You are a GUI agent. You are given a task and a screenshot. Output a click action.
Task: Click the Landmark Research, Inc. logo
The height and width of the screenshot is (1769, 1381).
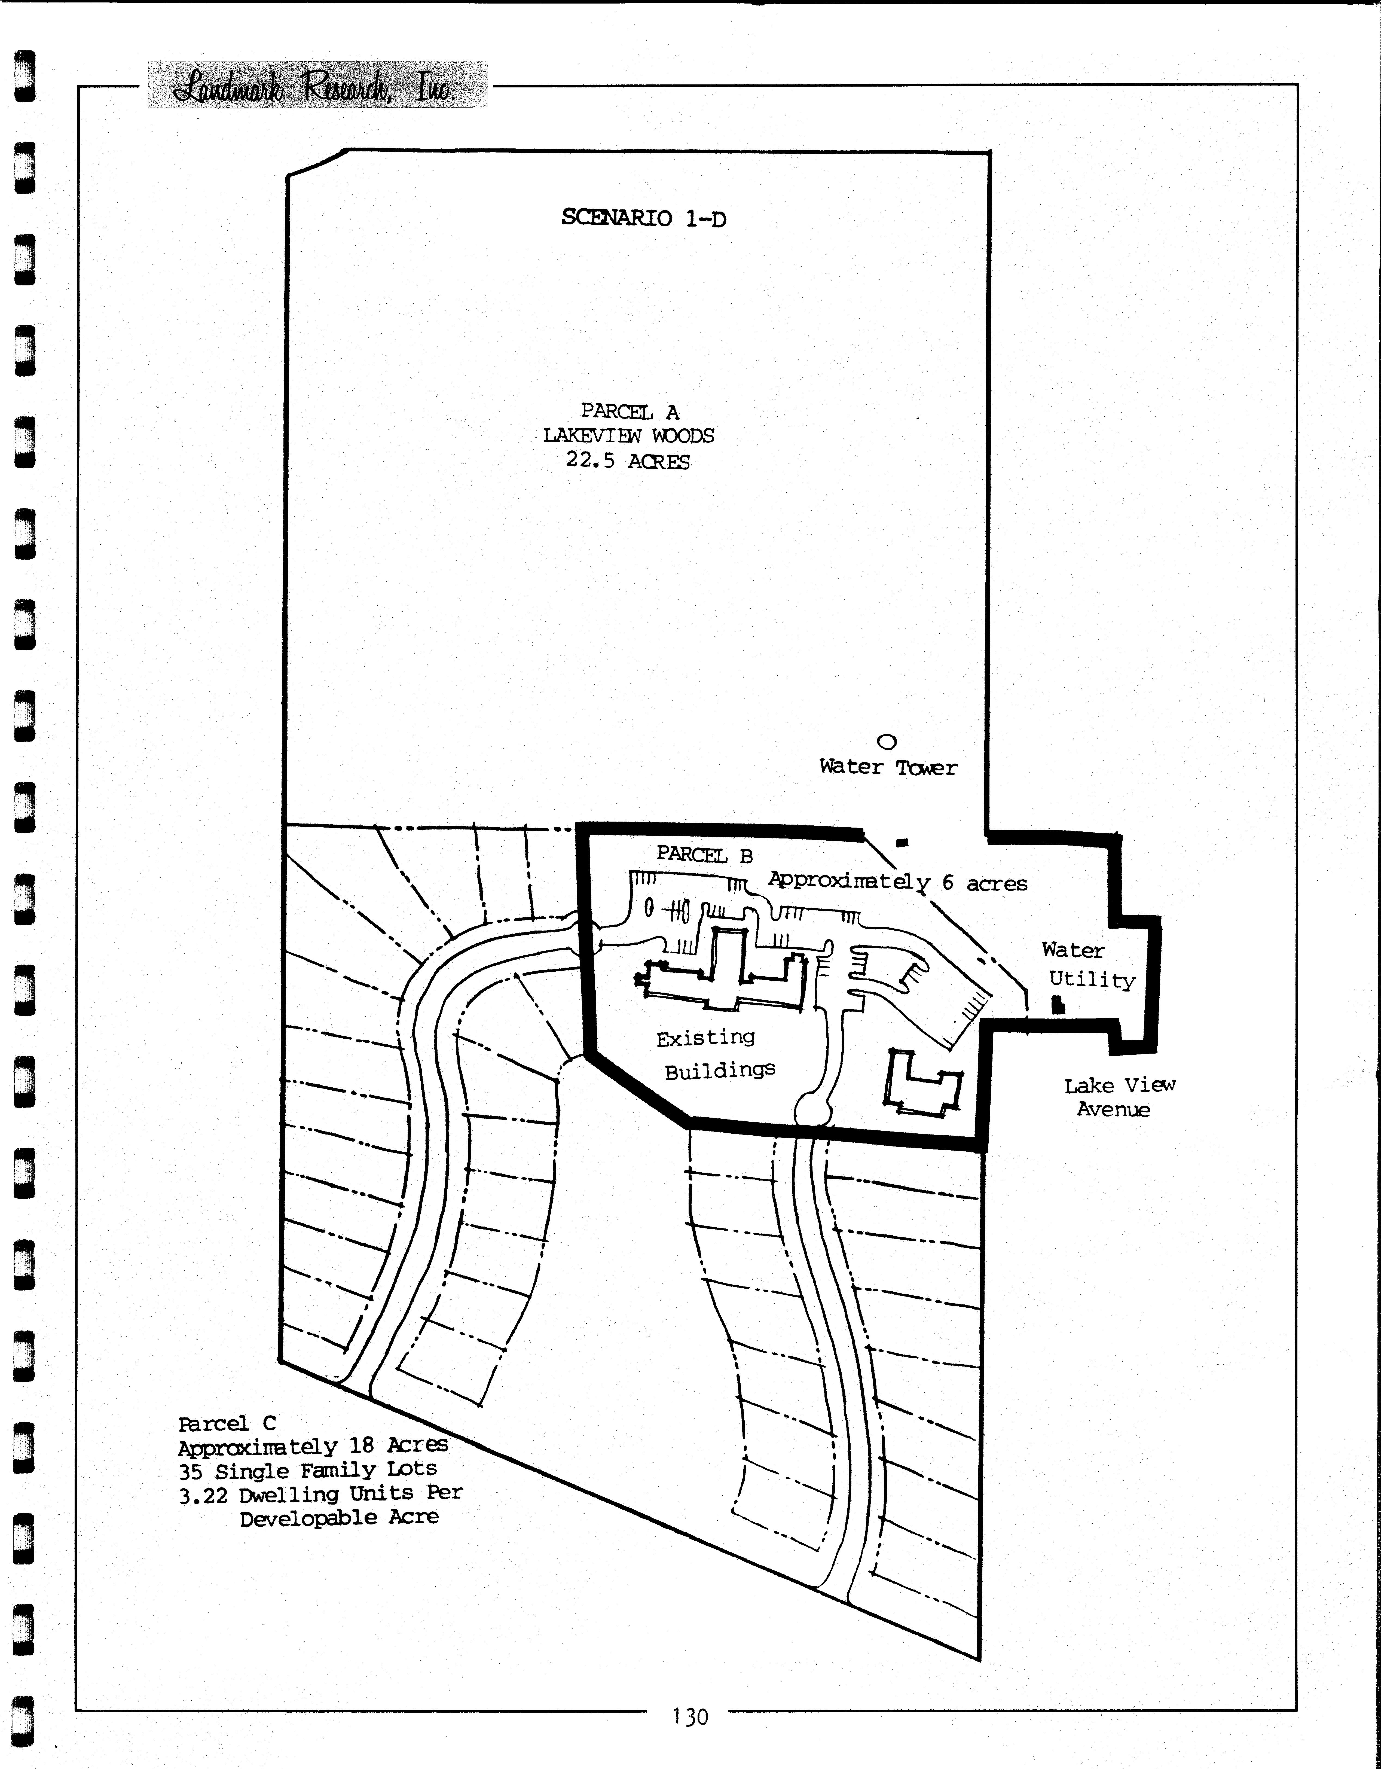click(317, 84)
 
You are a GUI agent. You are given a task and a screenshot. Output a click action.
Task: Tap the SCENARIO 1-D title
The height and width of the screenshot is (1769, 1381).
click(644, 218)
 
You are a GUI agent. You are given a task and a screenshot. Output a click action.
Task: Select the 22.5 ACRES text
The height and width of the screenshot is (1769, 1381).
click(628, 461)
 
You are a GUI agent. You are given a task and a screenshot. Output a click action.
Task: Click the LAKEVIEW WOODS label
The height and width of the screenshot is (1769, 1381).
click(628, 436)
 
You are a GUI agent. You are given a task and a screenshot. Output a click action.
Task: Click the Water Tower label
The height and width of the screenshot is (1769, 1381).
click(888, 767)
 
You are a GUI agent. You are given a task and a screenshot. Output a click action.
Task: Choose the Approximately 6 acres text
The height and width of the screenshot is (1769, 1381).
click(897, 882)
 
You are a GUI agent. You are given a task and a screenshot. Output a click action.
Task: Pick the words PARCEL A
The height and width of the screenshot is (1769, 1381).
click(630, 411)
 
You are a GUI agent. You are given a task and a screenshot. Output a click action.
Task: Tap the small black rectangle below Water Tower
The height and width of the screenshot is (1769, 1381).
click(902, 841)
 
